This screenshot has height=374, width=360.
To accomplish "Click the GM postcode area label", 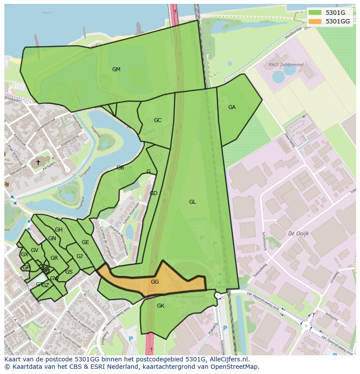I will point(116,70).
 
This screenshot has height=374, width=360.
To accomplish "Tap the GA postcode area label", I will point(232,107).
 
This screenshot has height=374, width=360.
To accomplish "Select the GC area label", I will point(157,120).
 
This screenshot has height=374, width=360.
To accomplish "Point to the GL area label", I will point(193,202).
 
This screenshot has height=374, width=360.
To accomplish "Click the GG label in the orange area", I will point(155,282).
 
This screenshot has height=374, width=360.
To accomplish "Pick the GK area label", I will point(160,306).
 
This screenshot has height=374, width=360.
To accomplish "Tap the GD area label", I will point(153,193).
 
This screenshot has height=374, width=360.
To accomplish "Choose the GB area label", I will point(120,168).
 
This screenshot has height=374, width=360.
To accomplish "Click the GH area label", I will point(59,230).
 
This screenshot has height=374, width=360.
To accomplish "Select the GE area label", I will point(85,242).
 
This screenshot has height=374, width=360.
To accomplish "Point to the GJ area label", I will point(80,256).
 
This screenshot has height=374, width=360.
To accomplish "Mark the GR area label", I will point(54,258).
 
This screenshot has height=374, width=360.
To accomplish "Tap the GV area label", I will point(35,250).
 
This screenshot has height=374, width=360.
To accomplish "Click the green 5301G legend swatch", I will point(315,13).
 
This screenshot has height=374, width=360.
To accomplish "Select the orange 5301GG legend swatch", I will point(315,21).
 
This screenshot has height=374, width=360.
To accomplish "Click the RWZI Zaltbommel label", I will point(286,65).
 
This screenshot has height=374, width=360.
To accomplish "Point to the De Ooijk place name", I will point(298,233).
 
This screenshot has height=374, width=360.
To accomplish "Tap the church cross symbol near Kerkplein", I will point(38,162).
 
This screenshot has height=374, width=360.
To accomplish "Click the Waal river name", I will point(47,13).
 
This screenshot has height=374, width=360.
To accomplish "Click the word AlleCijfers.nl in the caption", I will point(227,359).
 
